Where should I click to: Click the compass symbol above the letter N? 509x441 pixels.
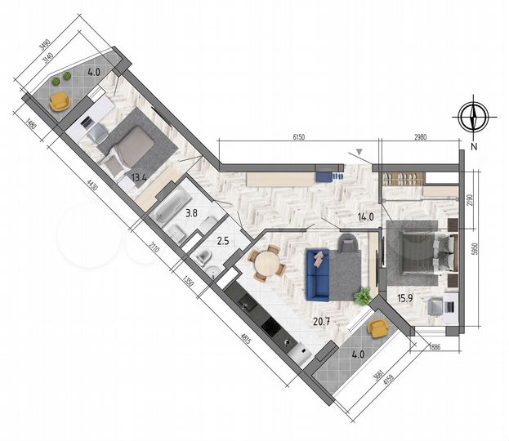pyautogui.click(x=473, y=118)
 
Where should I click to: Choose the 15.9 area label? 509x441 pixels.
pyautogui.click(x=406, y=297)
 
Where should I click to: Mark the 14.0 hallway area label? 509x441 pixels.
pyautogui.click(x=366, y=216)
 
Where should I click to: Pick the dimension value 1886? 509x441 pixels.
pyautogui.click(x=435, y=346)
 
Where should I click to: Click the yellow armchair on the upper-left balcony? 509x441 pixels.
pyautogui.click(x=60, y=100)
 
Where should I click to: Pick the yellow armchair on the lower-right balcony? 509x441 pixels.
pyautogui.click(x=377, y=328)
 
